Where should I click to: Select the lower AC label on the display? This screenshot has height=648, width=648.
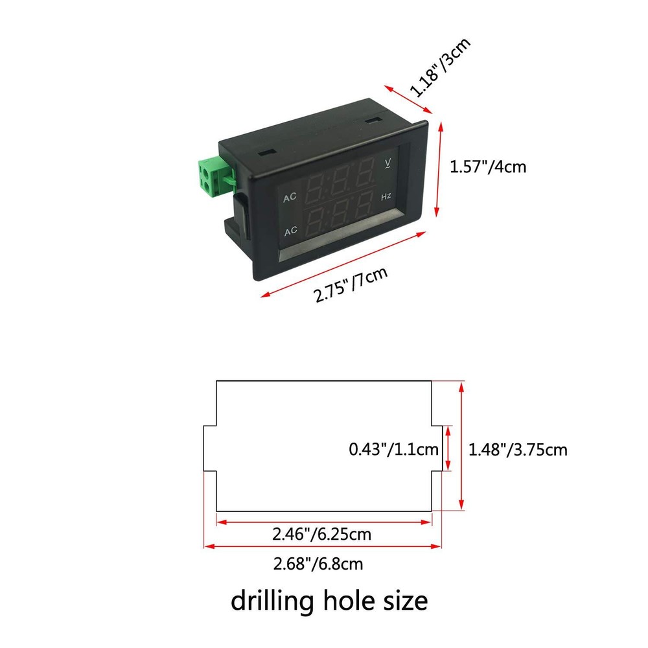point(291,231)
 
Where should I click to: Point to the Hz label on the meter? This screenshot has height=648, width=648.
point(386,196)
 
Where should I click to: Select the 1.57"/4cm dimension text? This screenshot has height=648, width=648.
point(488,167)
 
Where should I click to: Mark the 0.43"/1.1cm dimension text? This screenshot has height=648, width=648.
point(394,449)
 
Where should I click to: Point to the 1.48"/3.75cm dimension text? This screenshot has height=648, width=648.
point(518,449)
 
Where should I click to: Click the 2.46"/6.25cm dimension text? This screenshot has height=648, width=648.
point(322,535)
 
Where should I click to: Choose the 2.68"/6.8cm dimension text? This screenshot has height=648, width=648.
point(318,564)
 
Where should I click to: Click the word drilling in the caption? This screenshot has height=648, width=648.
point(272,601)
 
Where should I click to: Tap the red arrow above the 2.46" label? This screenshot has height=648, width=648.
point(324,522)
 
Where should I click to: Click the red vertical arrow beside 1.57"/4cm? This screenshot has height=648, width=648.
point(439,168)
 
